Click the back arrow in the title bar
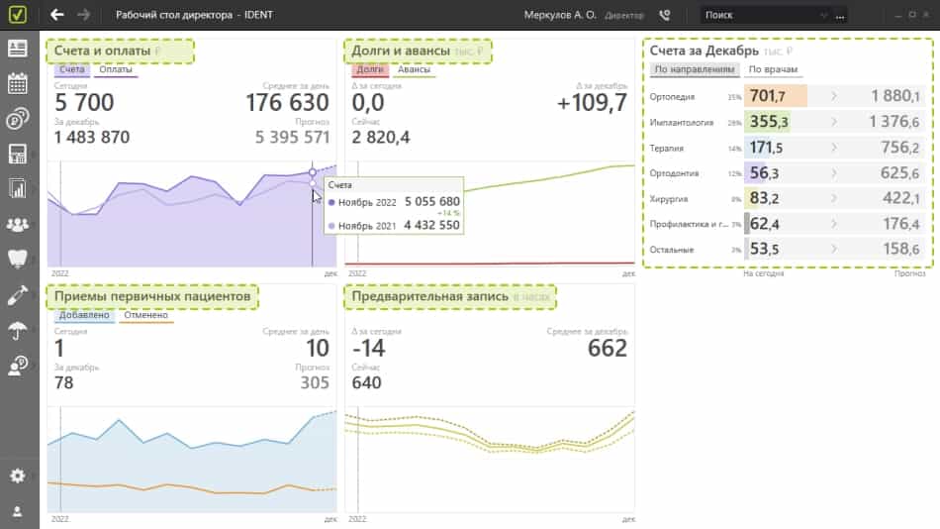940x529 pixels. coord(57,15)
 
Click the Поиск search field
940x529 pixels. coord(767,15)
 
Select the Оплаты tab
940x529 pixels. coord(116,70)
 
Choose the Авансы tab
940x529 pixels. coord(414,70)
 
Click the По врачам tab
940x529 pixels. coord(773,70)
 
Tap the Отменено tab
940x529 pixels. coord(145,316)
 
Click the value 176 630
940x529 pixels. coord(287,103)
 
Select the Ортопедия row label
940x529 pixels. coord(673,97)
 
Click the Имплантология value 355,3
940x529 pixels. coord(769,122)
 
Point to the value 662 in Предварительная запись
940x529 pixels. coord(608,349)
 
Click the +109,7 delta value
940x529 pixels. coord(592,103)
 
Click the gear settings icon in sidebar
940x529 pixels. coord(17,476)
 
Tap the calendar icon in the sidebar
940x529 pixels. coord(17,83)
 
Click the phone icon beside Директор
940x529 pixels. coord(664,15)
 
